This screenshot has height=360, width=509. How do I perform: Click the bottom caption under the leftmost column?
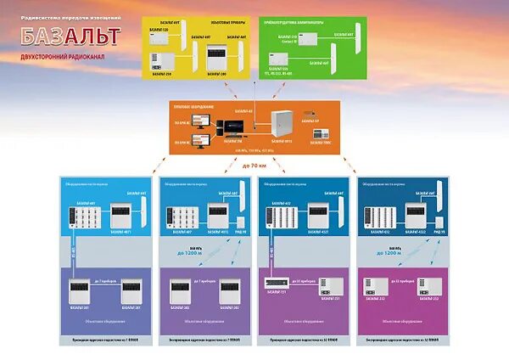[x=98, y=340]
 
